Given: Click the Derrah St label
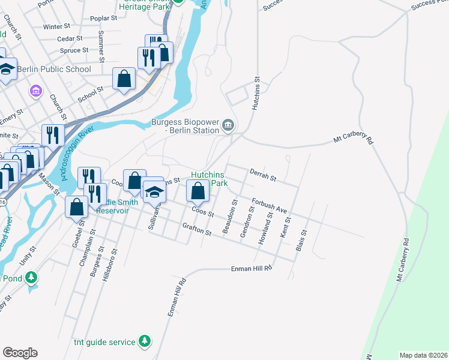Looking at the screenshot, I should tap(262, 178).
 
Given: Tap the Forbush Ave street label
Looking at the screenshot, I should tap(270, 206).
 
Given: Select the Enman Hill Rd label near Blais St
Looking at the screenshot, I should tap(252, 269).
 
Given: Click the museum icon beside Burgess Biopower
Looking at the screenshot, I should tap(228, 125).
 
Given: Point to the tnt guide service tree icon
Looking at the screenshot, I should tap(144, 341).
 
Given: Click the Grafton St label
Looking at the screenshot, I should tap(197, 229).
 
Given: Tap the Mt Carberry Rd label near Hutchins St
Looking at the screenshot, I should tap(354, 140).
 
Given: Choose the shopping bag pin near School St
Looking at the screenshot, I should tap(124, 79).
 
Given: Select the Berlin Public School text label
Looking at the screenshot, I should tap(54, 69).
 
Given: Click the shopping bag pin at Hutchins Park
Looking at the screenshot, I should tap(197, 191).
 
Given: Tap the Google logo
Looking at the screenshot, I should tap(20, 353).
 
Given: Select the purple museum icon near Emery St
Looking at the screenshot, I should tap(35, 91).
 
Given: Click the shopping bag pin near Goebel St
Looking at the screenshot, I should tap(76, 206).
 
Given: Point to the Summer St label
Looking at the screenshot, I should tap(101, 47).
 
